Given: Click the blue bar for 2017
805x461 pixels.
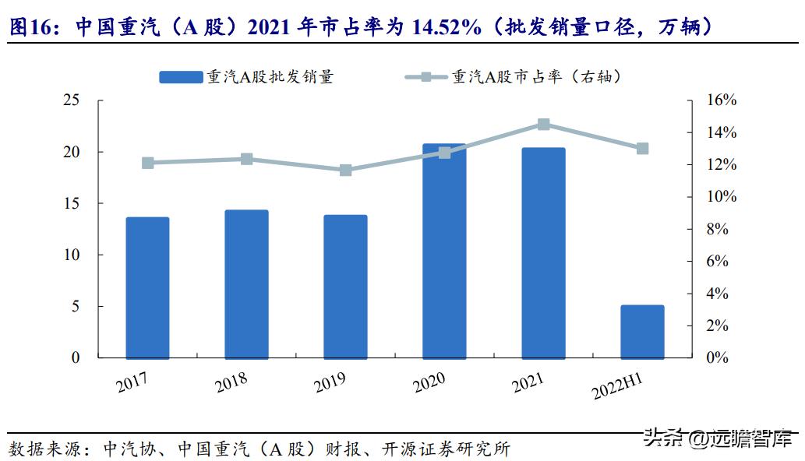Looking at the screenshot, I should pos(147,287).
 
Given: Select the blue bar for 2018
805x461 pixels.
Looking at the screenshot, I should pos(246,283).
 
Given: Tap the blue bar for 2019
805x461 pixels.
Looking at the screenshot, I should pos(345,286).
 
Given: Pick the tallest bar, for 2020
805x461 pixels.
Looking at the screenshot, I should pos(444,251).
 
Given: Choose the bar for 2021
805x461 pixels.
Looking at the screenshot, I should pos(543,252).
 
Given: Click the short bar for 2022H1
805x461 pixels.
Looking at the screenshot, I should pos(642,331).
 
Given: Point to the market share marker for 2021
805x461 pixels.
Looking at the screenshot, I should pos(543,125).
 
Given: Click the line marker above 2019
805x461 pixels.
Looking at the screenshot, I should pos(345,170).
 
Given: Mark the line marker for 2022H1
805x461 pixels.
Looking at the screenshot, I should pos(642,148).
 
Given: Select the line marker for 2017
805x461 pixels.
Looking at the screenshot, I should pos(147,163).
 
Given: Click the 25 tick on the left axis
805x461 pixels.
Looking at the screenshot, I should pos(71,100).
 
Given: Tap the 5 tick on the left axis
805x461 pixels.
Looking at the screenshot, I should pos(76,306).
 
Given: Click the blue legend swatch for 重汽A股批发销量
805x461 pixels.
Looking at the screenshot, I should pos(181,77).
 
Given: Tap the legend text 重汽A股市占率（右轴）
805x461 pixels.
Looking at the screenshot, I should pos(537,77).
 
